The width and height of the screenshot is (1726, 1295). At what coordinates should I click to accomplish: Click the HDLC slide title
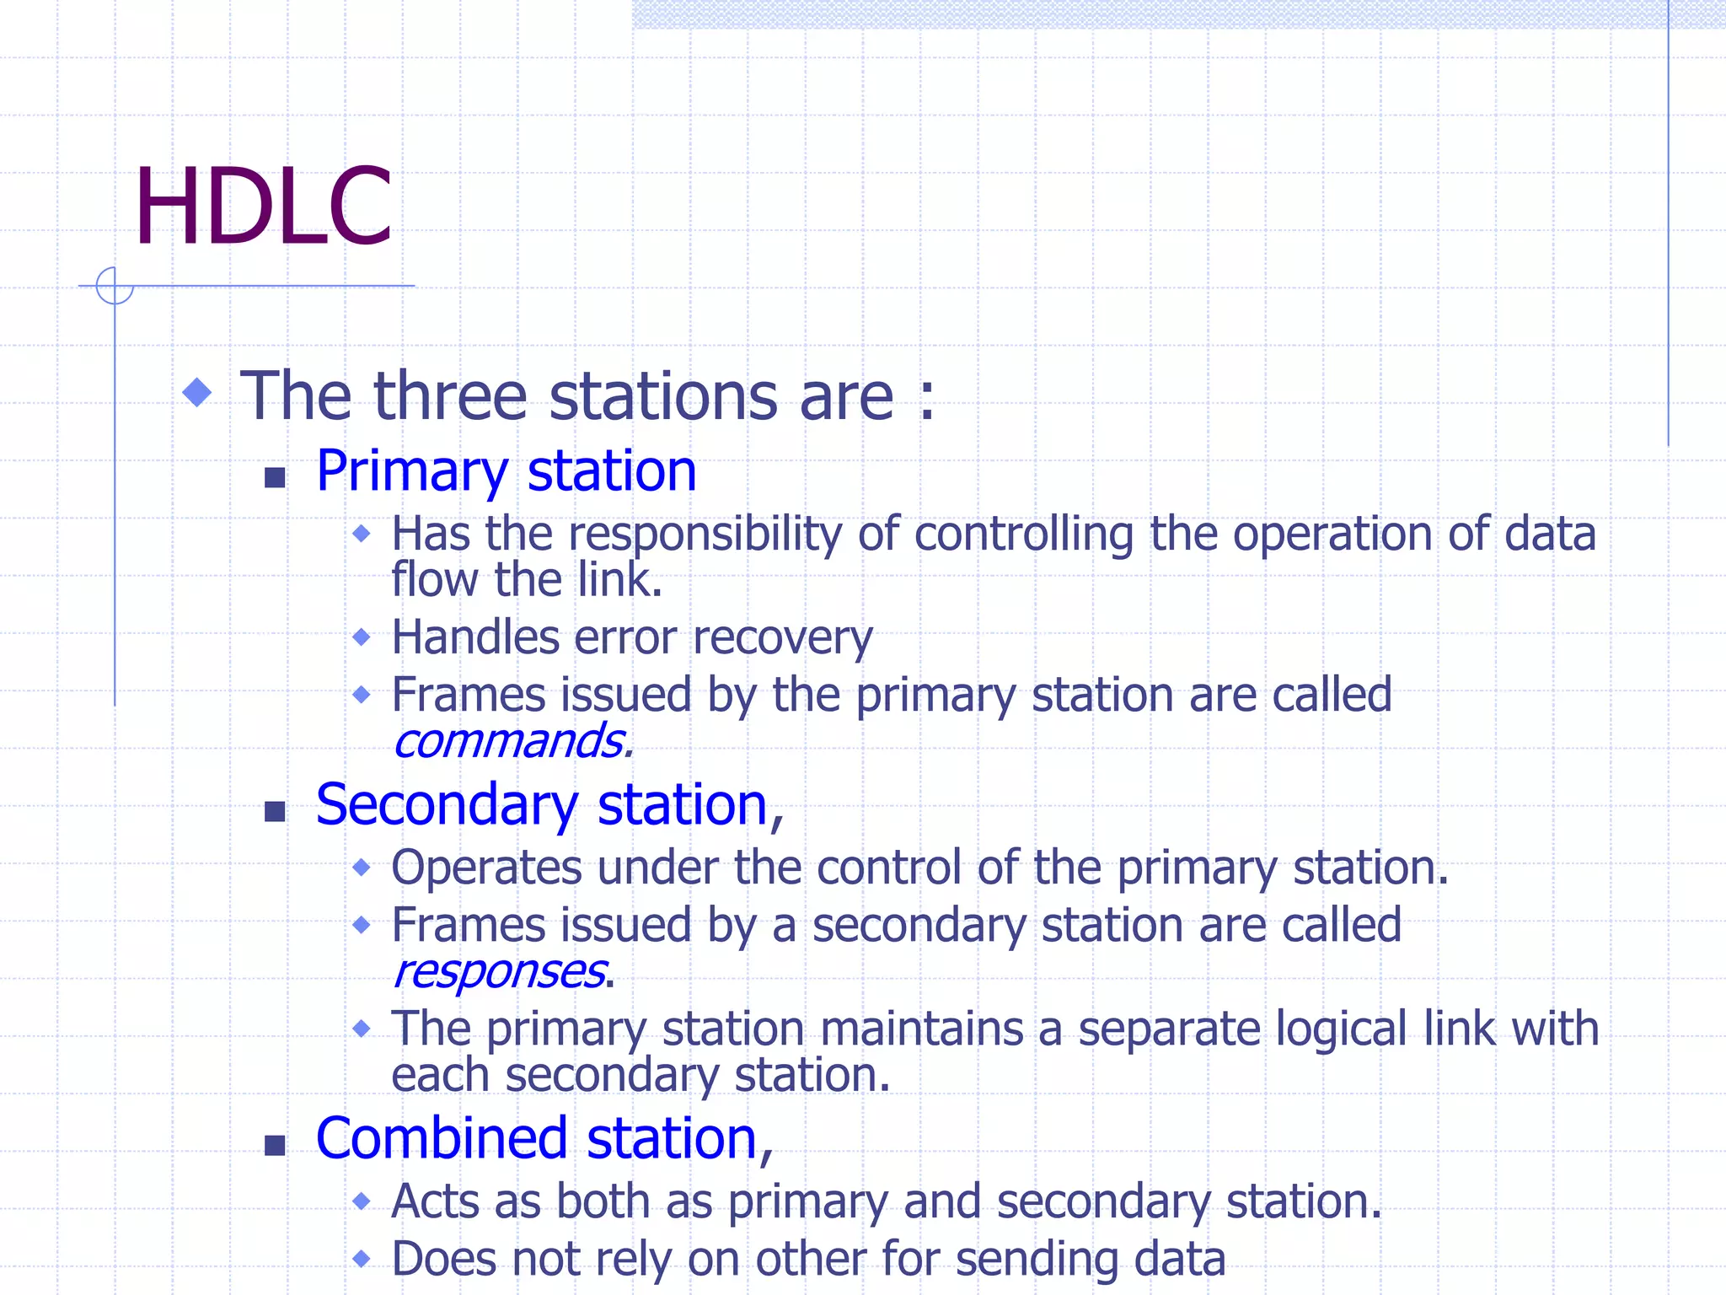pyautogui.click(x=263, y=207)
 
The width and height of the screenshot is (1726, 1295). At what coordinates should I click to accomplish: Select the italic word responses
pyautogui.click(x=499, y=972)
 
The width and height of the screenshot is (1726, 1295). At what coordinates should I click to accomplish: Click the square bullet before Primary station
pyautogui.click(x=275, y=478)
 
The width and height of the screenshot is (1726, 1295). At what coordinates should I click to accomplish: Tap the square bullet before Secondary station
pyautogui.click(x=275, y=812)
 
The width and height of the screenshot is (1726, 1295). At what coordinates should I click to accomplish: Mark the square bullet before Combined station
pyautogui.click(x=275, y=1146)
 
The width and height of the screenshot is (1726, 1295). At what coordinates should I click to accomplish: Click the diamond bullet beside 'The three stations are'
pyautogui.click(x=197, y=392)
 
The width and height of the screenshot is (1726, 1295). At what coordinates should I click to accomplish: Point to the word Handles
pyautogui.click(x=475, y=637)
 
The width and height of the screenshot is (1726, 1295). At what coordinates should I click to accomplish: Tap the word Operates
pyautogui.click(x=486, y=868)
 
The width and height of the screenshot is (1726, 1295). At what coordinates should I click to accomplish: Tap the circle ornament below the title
pyautogui.click(x=115, y=285)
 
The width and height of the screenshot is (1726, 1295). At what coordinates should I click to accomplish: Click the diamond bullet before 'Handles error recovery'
pyautogui.click(x=362, y=637)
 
